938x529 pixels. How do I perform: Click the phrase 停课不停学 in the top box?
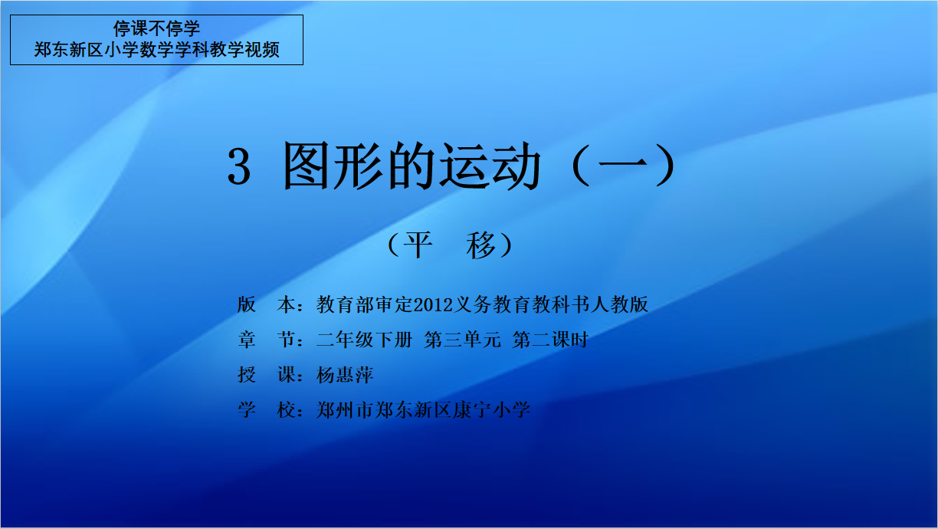tap(156, 28)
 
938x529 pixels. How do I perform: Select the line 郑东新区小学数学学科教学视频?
tap(156, 49)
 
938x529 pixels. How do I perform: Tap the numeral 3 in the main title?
tap(239, 166)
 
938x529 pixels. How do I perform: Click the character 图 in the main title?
tap(306, 166)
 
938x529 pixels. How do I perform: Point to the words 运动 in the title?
tap(490, 166)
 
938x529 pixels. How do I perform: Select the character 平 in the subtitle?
tap(418, 245)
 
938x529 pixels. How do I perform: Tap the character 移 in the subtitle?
tap(480, 245)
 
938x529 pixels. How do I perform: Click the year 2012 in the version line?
tap(433, 304)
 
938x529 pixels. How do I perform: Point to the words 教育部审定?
tap(365, 304)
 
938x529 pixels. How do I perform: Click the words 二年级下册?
tap(365, 340)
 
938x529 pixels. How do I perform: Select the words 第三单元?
tap(462, 340)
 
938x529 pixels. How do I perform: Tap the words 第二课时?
tap(551, 340)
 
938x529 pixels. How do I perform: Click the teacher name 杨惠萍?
tap(345, 374)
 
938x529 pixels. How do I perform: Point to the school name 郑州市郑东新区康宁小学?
tap(423, 409)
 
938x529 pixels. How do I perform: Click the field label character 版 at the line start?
tap(247, 304)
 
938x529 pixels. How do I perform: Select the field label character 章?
tap(247, 340)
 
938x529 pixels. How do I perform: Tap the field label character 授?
tap(247, 374)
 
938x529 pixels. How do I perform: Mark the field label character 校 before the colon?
tap(286, 409)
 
